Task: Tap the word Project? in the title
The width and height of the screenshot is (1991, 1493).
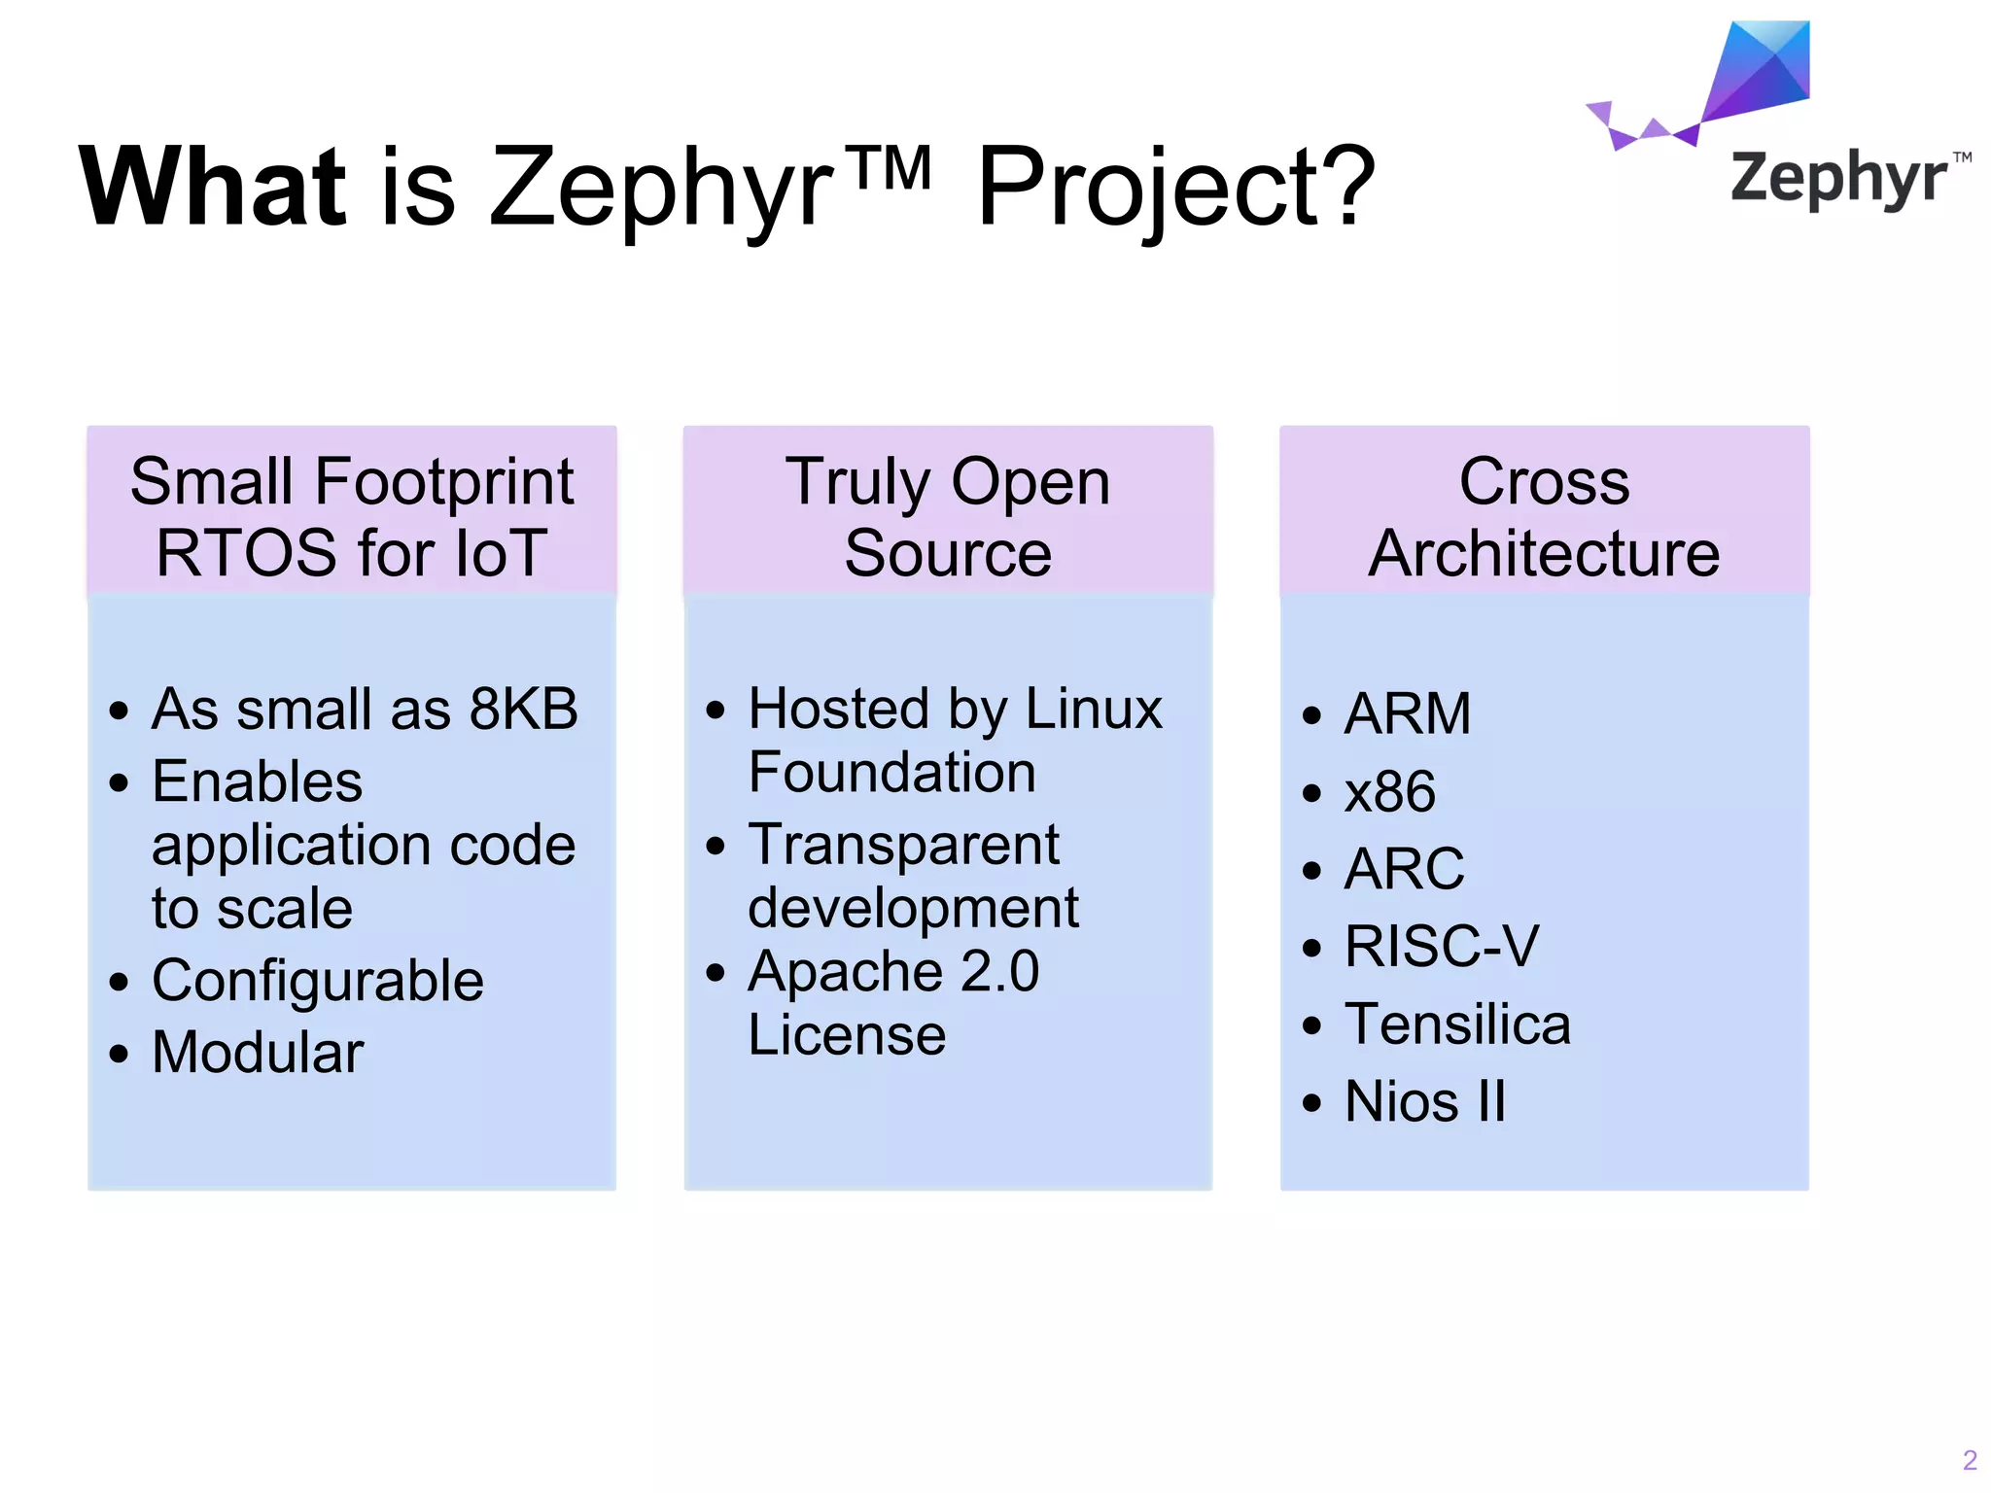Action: [x=1175, y=187]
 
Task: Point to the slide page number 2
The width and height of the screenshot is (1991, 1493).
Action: [x=1970, y=1460]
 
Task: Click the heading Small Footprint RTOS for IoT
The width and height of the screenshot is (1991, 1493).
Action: [x=352, y=516]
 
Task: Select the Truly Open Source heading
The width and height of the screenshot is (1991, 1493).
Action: [x=948, y=516]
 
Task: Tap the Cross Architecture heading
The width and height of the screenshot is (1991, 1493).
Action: [x=1544, y=516]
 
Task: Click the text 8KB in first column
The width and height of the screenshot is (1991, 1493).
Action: [x=524, y=709]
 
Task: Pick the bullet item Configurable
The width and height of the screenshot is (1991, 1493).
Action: [x=318, y=980]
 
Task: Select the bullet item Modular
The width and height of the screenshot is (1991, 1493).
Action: [x=258, y=1052]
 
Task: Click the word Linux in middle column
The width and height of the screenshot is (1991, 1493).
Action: [x=1094, y=709]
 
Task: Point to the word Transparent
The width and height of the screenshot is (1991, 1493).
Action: [x=903, y=844]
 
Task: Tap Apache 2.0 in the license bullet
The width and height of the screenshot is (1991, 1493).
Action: [x=893, y=971]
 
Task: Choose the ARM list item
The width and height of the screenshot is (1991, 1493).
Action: [x=1408, y=713]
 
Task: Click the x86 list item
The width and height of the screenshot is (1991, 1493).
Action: [x=1390, y=791]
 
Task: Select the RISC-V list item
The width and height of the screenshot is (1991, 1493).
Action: [x=1442, y=946]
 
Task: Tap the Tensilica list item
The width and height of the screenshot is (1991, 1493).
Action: [x=1457, y=1024]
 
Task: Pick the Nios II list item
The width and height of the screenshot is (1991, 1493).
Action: [x=1425, y=1101]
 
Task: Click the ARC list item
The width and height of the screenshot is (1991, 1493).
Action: [x=1404, y=868]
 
